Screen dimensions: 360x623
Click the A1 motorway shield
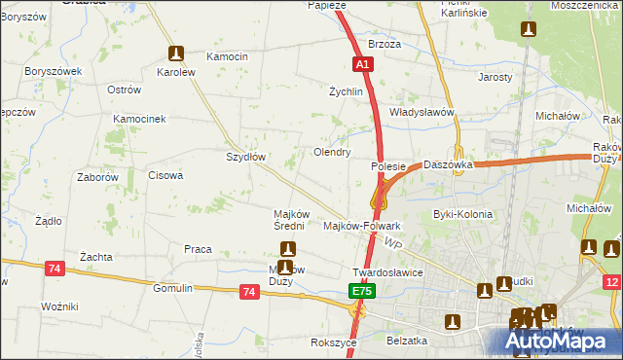(x=361, y=63)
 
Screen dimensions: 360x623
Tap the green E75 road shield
(x=361, y=291)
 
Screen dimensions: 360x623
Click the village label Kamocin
(x=228, y=56)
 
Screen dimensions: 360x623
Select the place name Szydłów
(x=245, y=156)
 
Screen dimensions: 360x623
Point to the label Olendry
(x=331, y=153)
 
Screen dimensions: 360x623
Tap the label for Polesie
(x=387, y=167)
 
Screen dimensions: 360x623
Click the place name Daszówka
(x=448, y=165)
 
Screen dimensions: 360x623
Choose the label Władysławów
(x=422, y=112)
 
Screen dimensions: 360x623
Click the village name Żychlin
(x=346, y=92)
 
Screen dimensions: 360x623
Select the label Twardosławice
(x=386, y=272)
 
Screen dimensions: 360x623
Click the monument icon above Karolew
(x=176, y=54)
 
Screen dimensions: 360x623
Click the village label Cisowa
(x=165, y=176)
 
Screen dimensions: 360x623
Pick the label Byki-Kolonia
(x=462, y=214)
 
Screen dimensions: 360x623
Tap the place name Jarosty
(x=495, y=76)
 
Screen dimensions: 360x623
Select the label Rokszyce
(x=331, y=342)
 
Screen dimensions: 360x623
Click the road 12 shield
(x=611, y=282)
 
